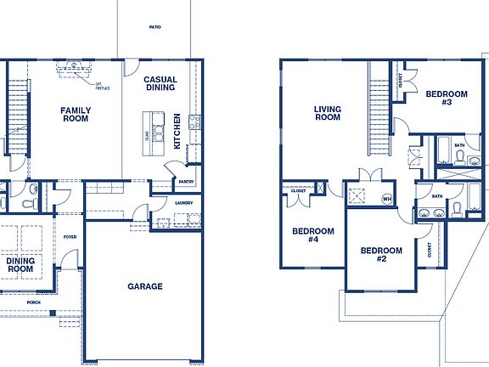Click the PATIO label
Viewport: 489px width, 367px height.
point(155,27)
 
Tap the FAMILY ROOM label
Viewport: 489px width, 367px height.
point(76,114)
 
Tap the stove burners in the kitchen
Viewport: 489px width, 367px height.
point(194,122)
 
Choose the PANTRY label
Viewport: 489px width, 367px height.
point(187,182)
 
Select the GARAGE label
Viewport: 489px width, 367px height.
point(145,286)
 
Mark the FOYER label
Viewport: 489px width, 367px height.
point(70,238)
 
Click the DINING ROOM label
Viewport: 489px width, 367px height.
point(15,265)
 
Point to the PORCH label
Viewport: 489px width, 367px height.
point(34,302)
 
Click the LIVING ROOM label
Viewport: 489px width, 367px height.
point(327,113)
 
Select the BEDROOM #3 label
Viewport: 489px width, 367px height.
point(446,98)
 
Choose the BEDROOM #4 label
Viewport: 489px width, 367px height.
point(306,235)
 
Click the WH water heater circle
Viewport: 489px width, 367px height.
point(387,200)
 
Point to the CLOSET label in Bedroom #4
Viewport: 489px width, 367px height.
point(298,191)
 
